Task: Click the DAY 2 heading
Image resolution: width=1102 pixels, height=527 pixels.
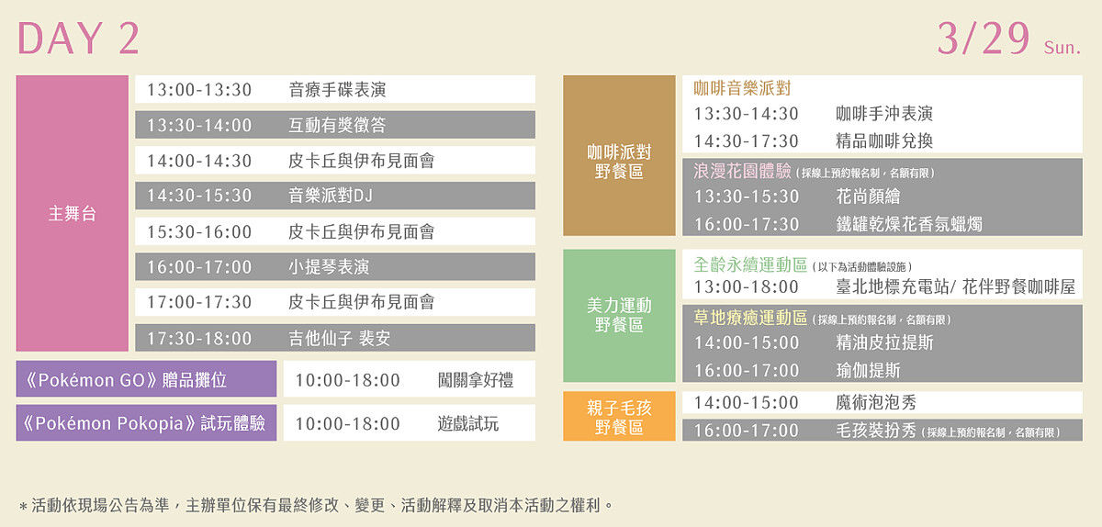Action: (79, 39)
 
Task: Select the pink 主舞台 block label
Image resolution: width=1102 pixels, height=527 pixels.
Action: (72, 214)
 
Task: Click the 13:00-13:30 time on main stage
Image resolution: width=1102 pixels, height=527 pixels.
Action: (199, 90)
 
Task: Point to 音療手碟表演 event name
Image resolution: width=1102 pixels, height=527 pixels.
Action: (337, 90)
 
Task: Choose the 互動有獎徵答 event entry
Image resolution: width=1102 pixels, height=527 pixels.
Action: (337, 125)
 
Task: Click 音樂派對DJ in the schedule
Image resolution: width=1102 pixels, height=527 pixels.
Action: (331, 196)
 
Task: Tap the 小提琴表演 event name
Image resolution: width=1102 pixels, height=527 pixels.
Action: (329, 267)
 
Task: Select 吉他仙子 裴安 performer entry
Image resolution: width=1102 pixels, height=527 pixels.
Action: (339, 339)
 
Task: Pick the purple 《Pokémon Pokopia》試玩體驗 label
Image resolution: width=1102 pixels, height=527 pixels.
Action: (145, 423)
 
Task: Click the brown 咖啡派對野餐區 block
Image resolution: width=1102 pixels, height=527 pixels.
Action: (619, 161)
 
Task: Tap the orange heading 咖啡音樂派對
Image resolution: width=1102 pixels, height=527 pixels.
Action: (742, 89)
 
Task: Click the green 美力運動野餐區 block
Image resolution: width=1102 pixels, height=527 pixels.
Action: (619, 315)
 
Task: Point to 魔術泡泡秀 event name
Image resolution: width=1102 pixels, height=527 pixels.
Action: (876, 402)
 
